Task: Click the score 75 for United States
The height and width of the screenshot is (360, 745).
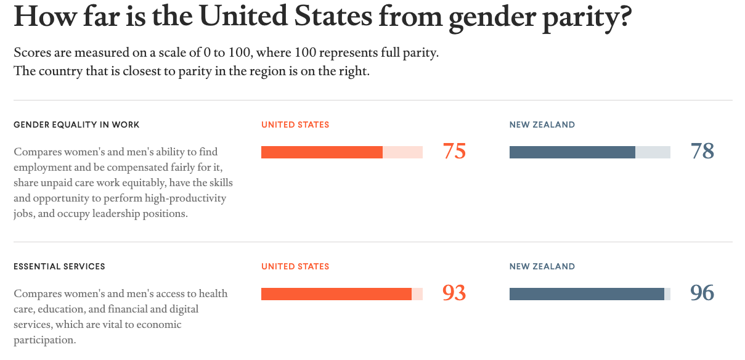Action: (x=454, y=152)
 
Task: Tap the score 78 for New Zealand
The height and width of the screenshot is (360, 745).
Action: (x=702, y=152)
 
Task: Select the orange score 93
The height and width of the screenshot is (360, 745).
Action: (x=454, y=293)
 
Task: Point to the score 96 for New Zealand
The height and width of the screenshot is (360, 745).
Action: (x=702, y=293)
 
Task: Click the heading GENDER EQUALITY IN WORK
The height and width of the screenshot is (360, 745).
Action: (x=76, y=125)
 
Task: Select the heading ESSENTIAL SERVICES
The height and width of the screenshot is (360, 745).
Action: (x=59, y=267)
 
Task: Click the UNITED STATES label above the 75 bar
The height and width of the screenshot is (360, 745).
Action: (x=295, y=125)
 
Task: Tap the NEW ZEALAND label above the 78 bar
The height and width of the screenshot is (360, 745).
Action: (x=542, y=125)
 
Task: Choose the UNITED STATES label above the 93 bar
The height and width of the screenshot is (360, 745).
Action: (x=295, y=267)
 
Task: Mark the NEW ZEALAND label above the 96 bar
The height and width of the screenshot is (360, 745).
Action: (x=542, y=267)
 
